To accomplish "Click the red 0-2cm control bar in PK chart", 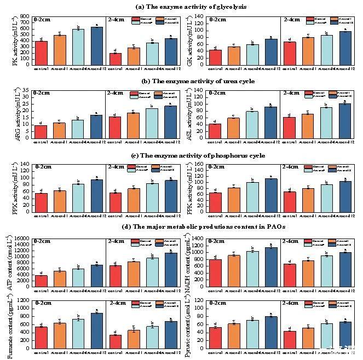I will click(x=41, y=53).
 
